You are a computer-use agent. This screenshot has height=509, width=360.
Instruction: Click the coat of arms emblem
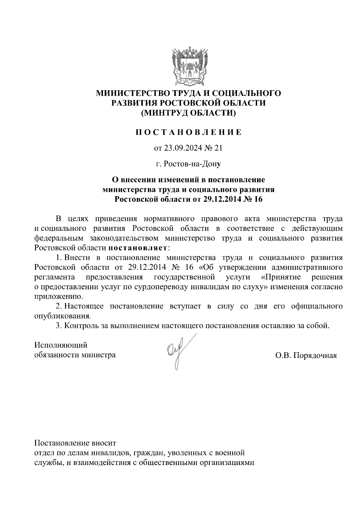click(188, 65)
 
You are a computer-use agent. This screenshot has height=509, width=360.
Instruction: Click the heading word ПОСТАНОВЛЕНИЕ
click(188, 132)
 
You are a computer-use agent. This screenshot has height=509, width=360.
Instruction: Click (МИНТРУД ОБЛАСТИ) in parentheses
click(188, 113)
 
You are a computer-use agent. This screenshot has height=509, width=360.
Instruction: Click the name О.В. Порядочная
click(306, 356)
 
